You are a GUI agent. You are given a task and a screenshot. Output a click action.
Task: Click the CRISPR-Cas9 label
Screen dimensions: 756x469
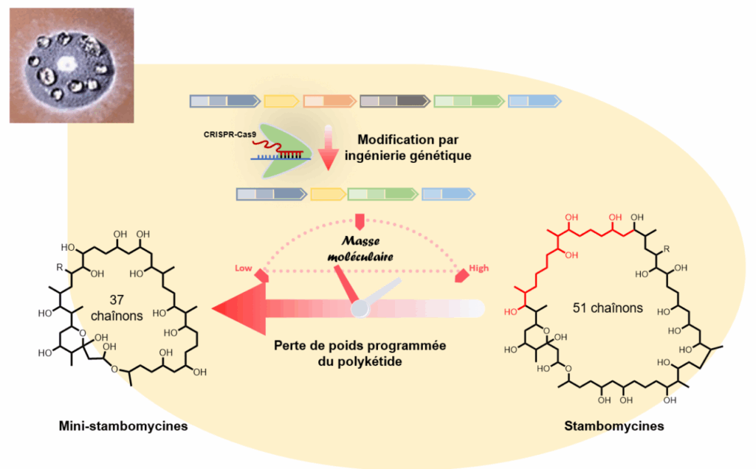click(230, 134)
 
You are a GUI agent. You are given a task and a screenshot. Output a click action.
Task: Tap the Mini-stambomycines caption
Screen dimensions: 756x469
click(123, 425)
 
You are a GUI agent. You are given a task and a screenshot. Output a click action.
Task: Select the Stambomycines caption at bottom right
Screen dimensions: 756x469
click(614, 425)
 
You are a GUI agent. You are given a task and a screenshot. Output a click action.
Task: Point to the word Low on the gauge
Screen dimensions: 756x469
click(244, 268)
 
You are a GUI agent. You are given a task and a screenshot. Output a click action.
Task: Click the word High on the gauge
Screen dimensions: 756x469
click(478, 268)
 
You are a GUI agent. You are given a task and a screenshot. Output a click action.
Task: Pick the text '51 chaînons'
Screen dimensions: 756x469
click(608, 308)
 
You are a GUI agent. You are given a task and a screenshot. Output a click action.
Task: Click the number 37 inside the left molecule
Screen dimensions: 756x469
click(117, 300)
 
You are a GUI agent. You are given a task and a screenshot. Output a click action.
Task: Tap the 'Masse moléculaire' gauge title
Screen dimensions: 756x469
click(360, 249)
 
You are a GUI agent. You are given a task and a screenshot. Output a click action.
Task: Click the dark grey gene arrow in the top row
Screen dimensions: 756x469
click(395, 101)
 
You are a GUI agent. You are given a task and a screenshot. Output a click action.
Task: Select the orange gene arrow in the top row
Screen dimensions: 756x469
click(330, 101)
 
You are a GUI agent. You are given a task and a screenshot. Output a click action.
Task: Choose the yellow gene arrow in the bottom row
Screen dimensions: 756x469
click(329, 194)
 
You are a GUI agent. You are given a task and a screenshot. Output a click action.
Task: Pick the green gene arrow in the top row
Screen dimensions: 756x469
click(469, 101)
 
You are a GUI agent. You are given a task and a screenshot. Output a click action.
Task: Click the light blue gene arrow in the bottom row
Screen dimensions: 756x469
click(448, 194)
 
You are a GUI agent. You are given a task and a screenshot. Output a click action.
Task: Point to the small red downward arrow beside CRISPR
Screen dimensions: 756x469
click(329, 147)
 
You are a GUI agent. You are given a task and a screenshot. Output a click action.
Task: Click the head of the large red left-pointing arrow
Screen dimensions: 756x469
click(239, 309)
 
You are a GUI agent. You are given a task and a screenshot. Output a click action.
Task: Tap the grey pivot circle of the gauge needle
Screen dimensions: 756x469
click(360, 309)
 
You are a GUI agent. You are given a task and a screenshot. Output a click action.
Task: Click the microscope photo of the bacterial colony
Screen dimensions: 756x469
click(72, 65)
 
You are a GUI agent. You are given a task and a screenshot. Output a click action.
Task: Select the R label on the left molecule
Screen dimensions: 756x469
click(59, 267)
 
